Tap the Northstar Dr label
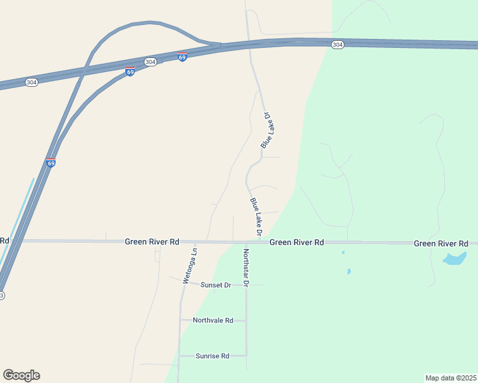245,266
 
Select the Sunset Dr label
215,285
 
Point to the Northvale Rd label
213,320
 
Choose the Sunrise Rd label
212,356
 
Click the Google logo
21,375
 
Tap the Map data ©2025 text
451,378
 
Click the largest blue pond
454,259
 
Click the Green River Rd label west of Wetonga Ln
151,242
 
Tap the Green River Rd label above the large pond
441,243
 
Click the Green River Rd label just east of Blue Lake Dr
297,243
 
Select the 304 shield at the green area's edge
338,45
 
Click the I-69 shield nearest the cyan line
51,163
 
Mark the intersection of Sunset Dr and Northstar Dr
246,285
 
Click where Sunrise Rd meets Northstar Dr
246,356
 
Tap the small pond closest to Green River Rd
343,253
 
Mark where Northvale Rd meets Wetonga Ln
181,320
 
